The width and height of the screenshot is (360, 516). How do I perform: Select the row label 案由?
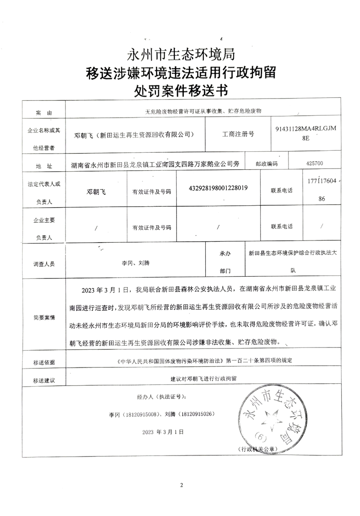[44, 112]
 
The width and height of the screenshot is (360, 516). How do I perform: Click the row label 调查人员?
[44, 263]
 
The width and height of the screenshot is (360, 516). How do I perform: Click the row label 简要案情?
[44, 318]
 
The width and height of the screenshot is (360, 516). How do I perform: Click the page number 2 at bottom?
[181, 485]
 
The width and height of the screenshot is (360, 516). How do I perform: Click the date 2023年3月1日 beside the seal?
[163, 432]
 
